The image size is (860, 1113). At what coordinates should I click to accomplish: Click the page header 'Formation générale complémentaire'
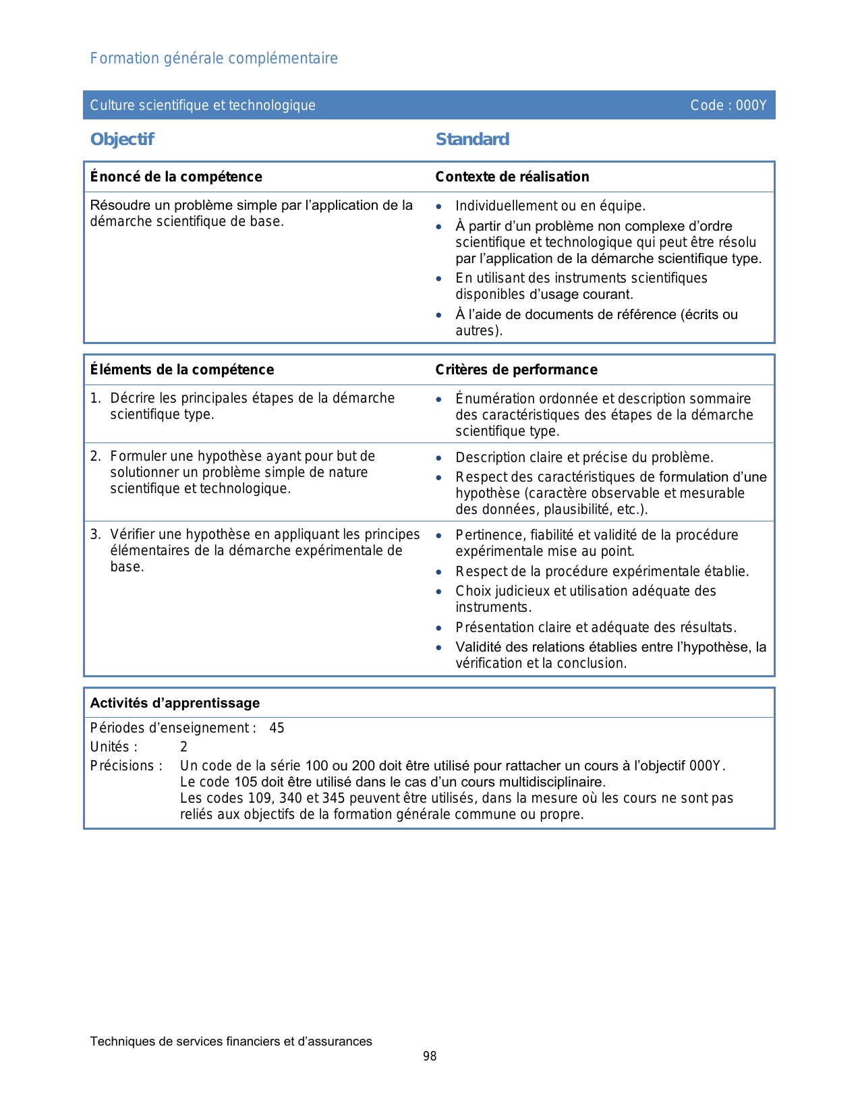tap(214, 59)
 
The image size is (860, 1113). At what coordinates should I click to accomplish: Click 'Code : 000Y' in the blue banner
tap(728, 105)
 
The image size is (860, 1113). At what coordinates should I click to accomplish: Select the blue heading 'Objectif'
tap(122, 140)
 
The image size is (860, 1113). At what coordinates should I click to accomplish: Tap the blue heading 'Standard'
tap(472, 140)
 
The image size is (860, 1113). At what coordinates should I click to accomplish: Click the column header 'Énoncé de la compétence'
tap(176, 177)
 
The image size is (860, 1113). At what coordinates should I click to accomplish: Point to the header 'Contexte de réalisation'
tap(512, 177)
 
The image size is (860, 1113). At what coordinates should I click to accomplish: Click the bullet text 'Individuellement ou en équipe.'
tap(550, 206)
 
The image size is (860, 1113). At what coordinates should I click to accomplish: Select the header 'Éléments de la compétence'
tap(182, 370)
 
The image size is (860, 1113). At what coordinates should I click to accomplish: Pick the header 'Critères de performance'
tap(516, 370)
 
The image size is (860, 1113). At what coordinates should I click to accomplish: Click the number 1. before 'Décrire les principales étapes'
tap(95, 399)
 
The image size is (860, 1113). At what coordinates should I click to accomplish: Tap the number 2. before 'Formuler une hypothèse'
tap(95, 457)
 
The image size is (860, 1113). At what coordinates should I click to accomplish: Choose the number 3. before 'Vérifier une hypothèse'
tap(95, 535)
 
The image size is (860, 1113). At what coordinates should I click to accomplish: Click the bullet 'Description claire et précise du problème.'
tap(584, 457)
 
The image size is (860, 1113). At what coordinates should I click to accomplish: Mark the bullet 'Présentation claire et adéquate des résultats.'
tap(596, 627)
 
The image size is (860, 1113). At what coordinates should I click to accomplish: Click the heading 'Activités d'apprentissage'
tap(175, 703)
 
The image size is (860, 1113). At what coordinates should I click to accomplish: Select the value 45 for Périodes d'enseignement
tap(277, 729)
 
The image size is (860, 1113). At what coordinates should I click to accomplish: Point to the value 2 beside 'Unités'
tap(183, 747)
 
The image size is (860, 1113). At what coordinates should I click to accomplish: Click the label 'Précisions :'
tap(126, 766)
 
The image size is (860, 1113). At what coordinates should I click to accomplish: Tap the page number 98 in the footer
tap(430, 1056)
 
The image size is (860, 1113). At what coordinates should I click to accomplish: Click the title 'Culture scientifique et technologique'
tap(202, 105)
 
